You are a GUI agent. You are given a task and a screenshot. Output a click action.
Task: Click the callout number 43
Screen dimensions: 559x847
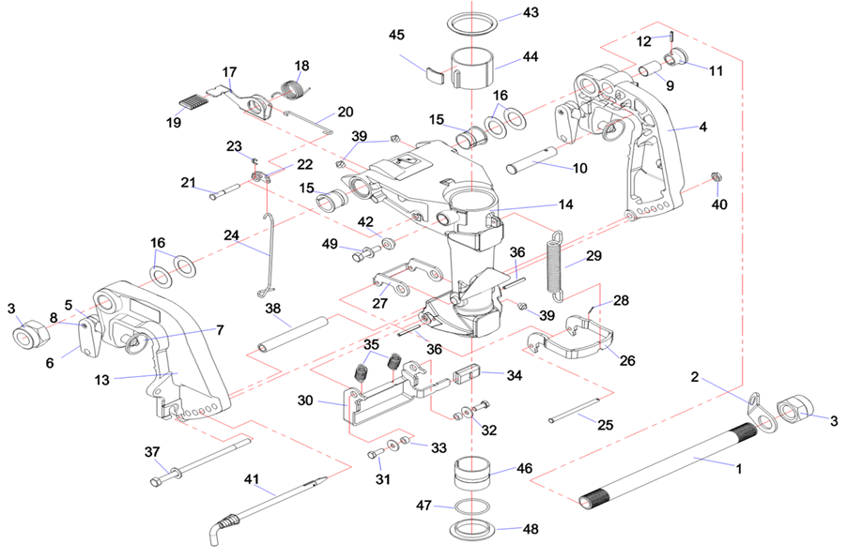[531, 13]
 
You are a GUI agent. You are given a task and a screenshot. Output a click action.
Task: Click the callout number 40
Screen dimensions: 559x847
[719, 204]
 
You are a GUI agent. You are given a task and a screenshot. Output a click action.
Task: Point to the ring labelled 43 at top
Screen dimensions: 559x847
[470, 21]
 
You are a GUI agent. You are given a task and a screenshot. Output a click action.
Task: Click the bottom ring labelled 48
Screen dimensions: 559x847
[470, 529]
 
